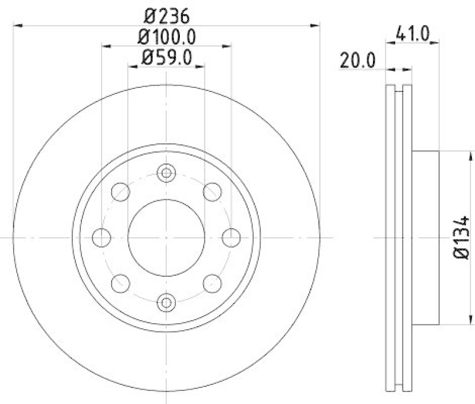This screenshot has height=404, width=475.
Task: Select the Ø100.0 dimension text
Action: pyautogui.click(x=167, y=36)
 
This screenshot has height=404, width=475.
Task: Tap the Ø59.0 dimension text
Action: pyautogui.click(x=167, y=58)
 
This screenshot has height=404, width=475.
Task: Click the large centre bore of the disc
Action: pyautogui.click(x=166, y=238)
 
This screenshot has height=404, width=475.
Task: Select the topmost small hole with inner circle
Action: pyautogui.click(x=166, y=173)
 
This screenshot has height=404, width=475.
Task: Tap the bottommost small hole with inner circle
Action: pyautogui.click(x=166, y=302)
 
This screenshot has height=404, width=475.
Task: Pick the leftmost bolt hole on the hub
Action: pyautogui.click(x=102, y=238)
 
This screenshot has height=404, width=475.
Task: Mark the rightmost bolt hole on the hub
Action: pyautogui.click(x=231, y=238)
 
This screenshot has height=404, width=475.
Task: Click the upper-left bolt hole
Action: pyautogui.click(x=121, y=192)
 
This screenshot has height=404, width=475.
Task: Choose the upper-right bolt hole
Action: pyautogui.click(x=212, y=192)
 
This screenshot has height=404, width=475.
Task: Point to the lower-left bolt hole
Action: pyautogui.click(x=121, y=283)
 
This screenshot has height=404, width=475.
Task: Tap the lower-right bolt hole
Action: pyautogui.click(x=212, y=283)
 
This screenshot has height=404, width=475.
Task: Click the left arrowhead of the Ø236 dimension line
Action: pyautogui.click(x=17, y=25)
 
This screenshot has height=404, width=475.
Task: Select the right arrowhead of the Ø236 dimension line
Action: pyautogui.click(x=316, y=25)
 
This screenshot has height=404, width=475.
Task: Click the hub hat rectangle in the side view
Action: pyautogui.click(x=425, y=238)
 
